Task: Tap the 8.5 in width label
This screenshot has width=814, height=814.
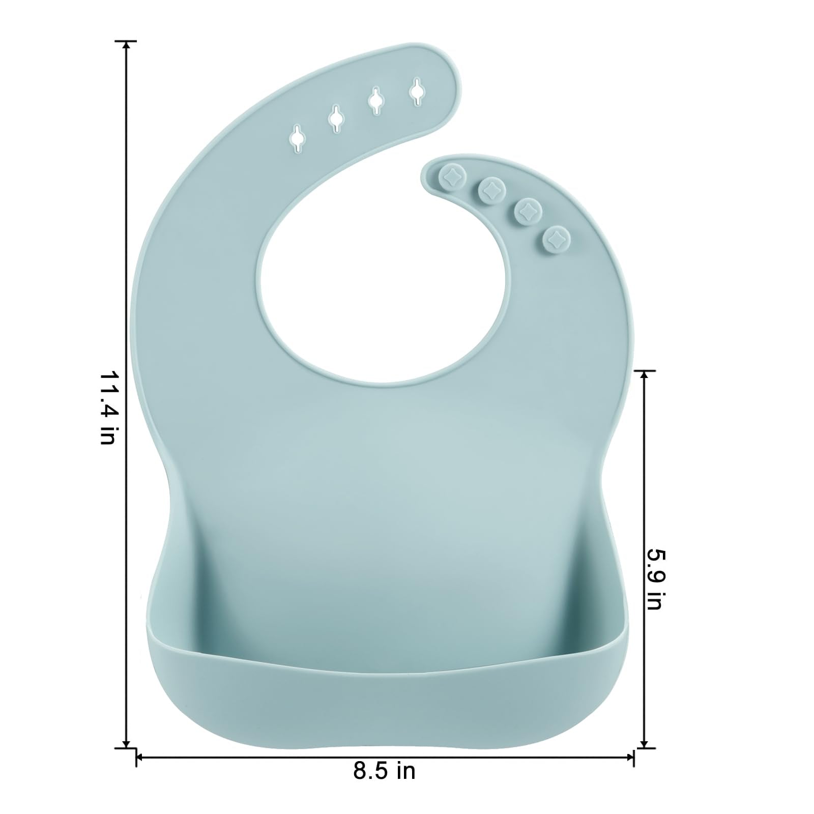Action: coord(384,771)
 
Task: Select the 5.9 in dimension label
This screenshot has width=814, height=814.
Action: coord(654,578)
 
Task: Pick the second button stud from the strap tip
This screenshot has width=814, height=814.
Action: coord(491,189)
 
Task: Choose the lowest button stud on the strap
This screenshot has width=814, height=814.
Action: coord(556,238)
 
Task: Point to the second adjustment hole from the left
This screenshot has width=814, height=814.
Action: coord(336,119)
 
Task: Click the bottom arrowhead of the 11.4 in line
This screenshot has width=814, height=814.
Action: coord(126,744)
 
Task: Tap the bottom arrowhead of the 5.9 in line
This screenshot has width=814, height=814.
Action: coord(645,744)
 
